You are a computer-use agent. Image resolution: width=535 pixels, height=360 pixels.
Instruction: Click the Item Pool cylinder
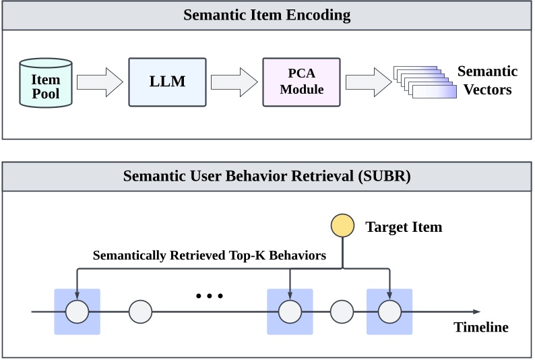tap(46, 82)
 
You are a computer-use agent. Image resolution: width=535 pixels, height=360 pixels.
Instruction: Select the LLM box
tap(166, 82)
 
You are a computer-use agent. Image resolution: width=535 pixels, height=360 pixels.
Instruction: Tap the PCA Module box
tap(301, 82)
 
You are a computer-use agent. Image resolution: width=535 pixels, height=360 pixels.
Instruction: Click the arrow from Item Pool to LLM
tap(100, 82)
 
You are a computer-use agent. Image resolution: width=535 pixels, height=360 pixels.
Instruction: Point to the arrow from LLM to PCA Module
tap(234, 82)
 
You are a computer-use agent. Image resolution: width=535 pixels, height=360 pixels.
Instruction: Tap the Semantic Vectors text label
tap(487, 80)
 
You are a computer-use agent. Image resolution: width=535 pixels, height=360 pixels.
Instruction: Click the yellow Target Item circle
tap(343, 227)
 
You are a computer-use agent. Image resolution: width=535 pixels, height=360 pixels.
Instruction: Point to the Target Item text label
tap(404, 227)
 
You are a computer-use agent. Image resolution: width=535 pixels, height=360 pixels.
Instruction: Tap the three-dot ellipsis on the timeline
tap(209, 296)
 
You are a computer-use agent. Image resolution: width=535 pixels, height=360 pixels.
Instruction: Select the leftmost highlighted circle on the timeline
tap(77, 311)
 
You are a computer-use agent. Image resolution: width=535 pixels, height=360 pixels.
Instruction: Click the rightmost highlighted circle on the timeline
tap(389, 311)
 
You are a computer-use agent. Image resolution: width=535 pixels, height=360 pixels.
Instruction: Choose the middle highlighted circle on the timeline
tap(290, 311)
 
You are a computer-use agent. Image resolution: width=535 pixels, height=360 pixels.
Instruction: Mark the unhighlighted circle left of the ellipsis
tap(141, 311)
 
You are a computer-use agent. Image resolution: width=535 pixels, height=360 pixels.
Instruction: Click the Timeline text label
tap(480, 328)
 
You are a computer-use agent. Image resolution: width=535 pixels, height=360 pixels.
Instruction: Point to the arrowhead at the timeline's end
tap(476, 311)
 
